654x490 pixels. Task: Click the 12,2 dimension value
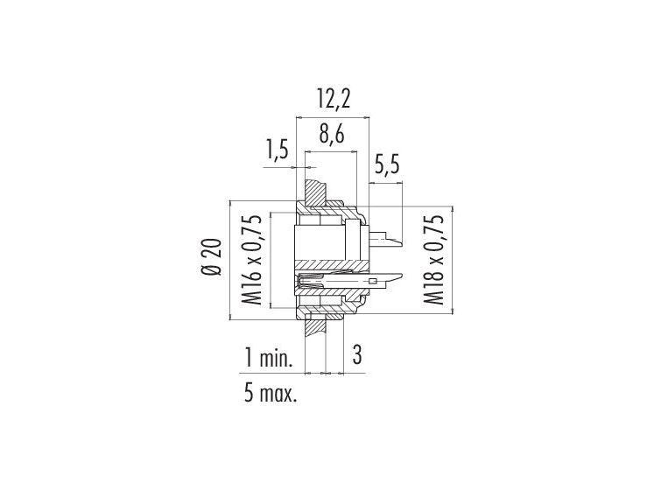tap(334, 100)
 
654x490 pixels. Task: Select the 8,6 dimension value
tap(332, 135)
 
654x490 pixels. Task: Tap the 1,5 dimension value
tap(278, 150)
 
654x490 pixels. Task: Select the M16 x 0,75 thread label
tap(253, 260)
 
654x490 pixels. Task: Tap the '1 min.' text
tap(268, 358)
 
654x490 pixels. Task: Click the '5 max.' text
tap(271, 393)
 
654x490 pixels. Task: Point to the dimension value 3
tap(357, 355)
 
